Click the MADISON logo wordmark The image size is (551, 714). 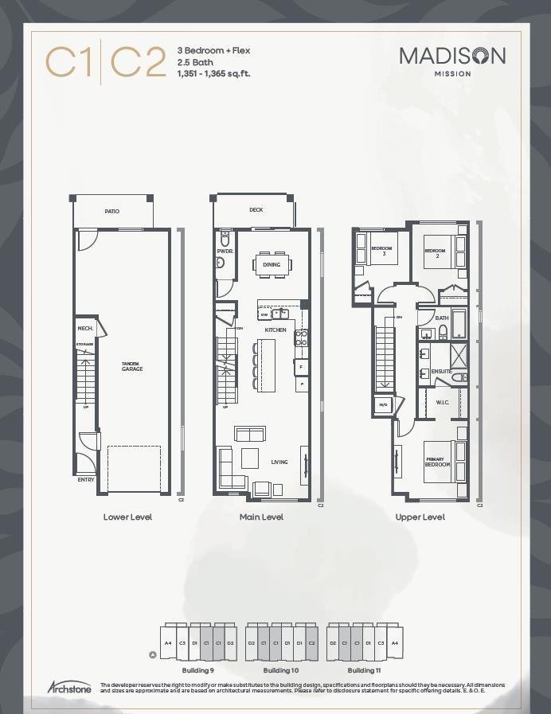click(x=451, y=56)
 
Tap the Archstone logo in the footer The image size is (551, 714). click(x=69, y=687)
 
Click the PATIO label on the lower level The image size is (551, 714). click(x=112, y=211)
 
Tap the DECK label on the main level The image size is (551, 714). click(x=256, y=210)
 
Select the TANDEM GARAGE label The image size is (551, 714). click(x=132, y=367)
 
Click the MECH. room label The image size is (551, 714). click(x=85, y=328)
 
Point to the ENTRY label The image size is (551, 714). click(x=86, y=480)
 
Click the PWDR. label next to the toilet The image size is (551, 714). click(x=224, y=252)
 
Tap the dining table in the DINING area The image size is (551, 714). click(x=272, y=264)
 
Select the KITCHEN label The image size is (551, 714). click(x=275, y=330)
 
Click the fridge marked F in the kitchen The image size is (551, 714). click(x=301, y=367)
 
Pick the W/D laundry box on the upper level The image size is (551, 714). click(x=382, y=405)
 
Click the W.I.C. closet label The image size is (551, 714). click(x=443, y=402)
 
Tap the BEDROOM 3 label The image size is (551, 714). click(x=382, y=252)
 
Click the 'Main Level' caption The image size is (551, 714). click(x=261, y=517)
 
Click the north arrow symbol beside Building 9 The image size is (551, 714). click(x=153, y=655)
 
